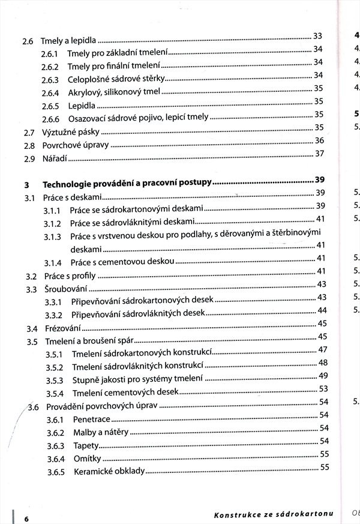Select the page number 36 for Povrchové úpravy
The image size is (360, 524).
coord(319,140)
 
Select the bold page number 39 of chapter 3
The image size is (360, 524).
coord(319,180)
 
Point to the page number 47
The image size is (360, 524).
coord(322,349)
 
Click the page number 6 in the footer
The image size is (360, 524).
coord(26,517)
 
